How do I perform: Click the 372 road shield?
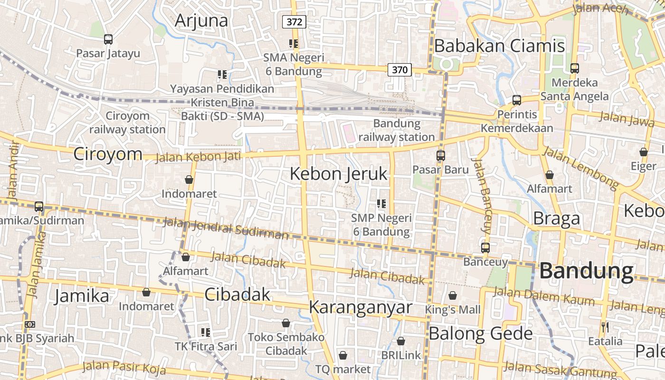[294, 21]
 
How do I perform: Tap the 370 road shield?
[399, 70]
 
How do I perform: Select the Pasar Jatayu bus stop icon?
[108, 39]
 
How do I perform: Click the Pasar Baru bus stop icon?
[440, 155]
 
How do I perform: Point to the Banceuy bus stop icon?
[485, 247]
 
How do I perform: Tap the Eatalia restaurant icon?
[605, 327]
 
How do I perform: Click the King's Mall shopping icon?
[453, 295]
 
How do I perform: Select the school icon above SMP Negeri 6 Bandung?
[381, 204]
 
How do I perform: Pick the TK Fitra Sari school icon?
[206, 332]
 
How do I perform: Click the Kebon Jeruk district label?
[339, 174]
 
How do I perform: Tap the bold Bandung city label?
[587, 271]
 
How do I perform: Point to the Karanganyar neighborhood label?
[361, 307]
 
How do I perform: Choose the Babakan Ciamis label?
[499, 46]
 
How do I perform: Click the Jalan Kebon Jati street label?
[198, 156]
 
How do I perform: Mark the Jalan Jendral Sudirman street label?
[226, 228]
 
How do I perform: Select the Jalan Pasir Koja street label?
[124, 367]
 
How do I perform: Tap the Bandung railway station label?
[397, 130]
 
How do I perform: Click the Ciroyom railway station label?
[127, 123]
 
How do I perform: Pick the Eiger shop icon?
[644, 152]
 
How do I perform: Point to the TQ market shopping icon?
[343, 355]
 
